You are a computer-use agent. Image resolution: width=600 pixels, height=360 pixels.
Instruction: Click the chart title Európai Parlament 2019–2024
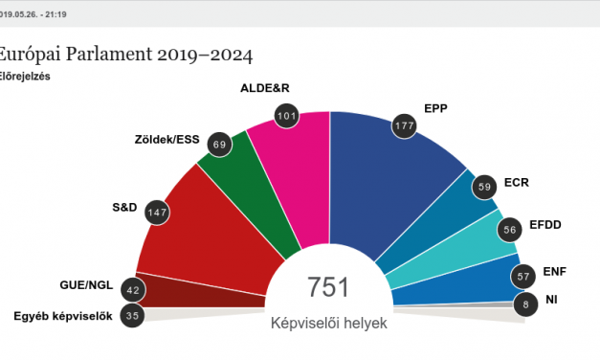pyautogui.click(x=126, y=55)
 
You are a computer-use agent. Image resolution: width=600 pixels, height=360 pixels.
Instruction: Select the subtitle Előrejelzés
pyautogui.click(x=26, y=76)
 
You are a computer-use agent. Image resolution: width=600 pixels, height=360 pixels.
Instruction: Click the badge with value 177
pyautogui.click(x=405, y=127)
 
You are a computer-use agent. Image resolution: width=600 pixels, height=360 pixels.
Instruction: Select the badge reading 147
pyautogui.click(x=156, y=212)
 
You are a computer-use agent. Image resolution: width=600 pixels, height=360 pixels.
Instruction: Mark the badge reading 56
pyautogui.click(x=512, y=229)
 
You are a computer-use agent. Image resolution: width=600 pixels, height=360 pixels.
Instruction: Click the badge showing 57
pyautogui.click(x=522, y=277)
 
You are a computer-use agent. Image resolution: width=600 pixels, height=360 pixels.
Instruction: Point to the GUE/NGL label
pyautogui.click(x=85, y=285)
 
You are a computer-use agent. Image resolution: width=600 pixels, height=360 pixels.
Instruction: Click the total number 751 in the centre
pyautogui.click(x=328, y=288)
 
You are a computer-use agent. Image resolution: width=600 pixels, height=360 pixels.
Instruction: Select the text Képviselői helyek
pyautogui.click(x=328, y=324)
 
